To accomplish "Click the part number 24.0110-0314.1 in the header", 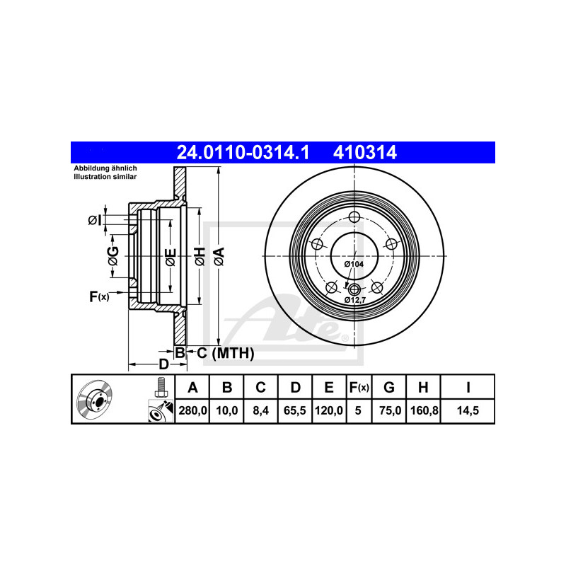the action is (x=243, y=152).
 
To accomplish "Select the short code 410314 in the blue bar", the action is (x=365, y=152).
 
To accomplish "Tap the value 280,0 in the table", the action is (x=192, y=410).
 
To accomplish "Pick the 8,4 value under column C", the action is (x=260, y=410).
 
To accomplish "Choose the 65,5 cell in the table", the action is (x=295, y=410).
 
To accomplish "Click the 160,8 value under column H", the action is (x=424, y=410).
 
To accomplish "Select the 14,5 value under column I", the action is (x=468, y=410).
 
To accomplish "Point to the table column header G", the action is (x=389, y=387).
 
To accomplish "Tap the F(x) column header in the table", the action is (x=359, y=387).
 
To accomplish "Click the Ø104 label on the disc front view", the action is (x=354, y=264).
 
